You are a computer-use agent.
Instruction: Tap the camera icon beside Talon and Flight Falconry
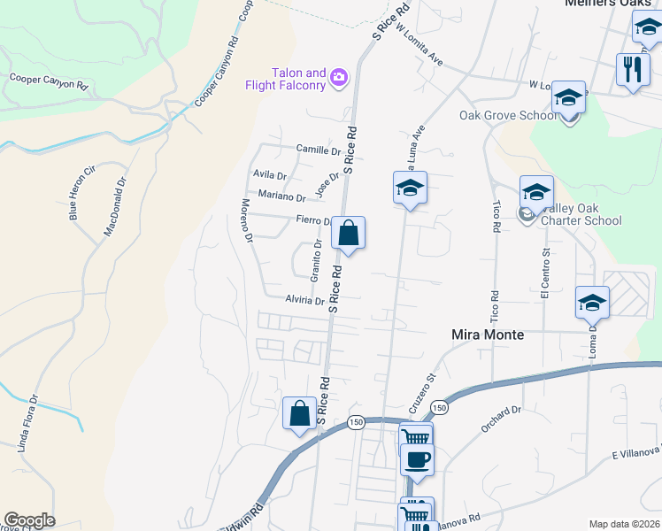point(338,80)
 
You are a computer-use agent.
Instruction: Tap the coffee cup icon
point(417,459)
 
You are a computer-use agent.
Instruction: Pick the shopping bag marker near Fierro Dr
point(349,235)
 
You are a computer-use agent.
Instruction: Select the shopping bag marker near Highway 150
point(299,413)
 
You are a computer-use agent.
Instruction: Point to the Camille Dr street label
point(318,150)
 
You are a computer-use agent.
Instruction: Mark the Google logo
point(29,520)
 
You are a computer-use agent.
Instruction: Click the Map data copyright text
point(625,524)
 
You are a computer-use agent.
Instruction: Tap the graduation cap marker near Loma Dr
point(592,303)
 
